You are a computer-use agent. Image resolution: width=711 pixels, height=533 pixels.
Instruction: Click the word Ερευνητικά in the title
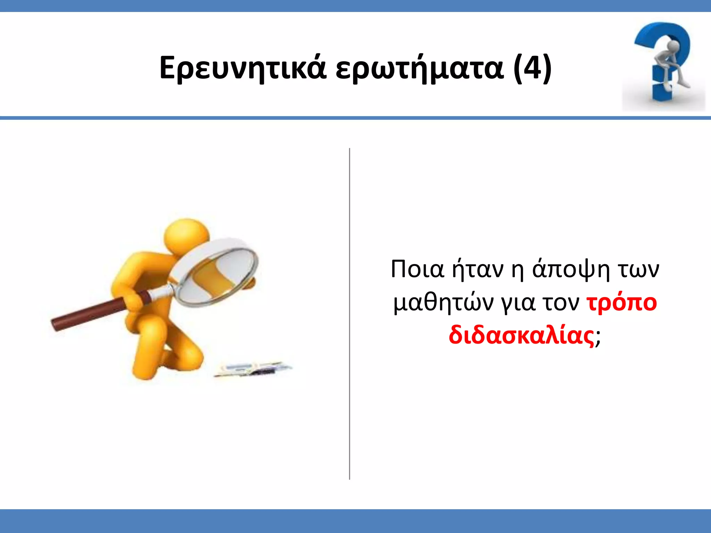(243, 68)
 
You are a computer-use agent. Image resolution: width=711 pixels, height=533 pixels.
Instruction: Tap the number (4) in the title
(532, 68)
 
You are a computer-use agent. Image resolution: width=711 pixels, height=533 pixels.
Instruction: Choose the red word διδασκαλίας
(521, 336)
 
